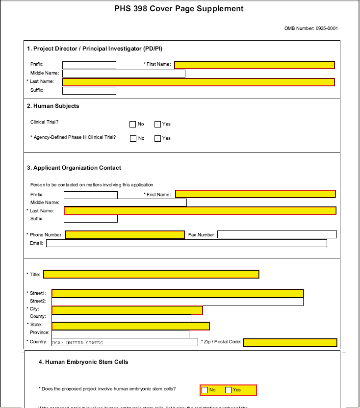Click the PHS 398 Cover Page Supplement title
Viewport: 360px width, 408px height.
coord(179,9)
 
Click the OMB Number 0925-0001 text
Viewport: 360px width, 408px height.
coord(311,28)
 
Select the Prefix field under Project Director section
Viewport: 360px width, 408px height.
coord(89,65)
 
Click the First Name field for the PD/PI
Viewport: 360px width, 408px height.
coord(254,65)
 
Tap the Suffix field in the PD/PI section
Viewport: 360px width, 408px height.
coord(89,91)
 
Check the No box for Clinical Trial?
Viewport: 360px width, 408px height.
coord(132,125)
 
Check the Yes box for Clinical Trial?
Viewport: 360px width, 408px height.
coord(157,125)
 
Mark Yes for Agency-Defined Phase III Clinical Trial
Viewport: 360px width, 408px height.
coord(157,139)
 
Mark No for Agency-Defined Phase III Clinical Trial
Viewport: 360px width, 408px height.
coord(133,139)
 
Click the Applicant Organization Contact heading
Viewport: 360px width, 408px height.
coord(74,168)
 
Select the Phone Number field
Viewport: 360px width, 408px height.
coord(125,235)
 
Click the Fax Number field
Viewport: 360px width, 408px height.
coord(277,234)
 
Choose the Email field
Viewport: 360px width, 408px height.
coord(186,243)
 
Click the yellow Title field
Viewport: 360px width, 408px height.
coord(151,274)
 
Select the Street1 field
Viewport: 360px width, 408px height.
coord(178,293)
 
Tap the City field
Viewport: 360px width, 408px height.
coord(127,310)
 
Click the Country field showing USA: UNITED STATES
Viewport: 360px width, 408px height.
coord(125,342)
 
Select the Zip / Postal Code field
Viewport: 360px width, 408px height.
coord(290,342)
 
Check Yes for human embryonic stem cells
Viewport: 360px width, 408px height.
coord(228,390)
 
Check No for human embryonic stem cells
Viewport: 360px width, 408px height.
coord(205,390)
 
